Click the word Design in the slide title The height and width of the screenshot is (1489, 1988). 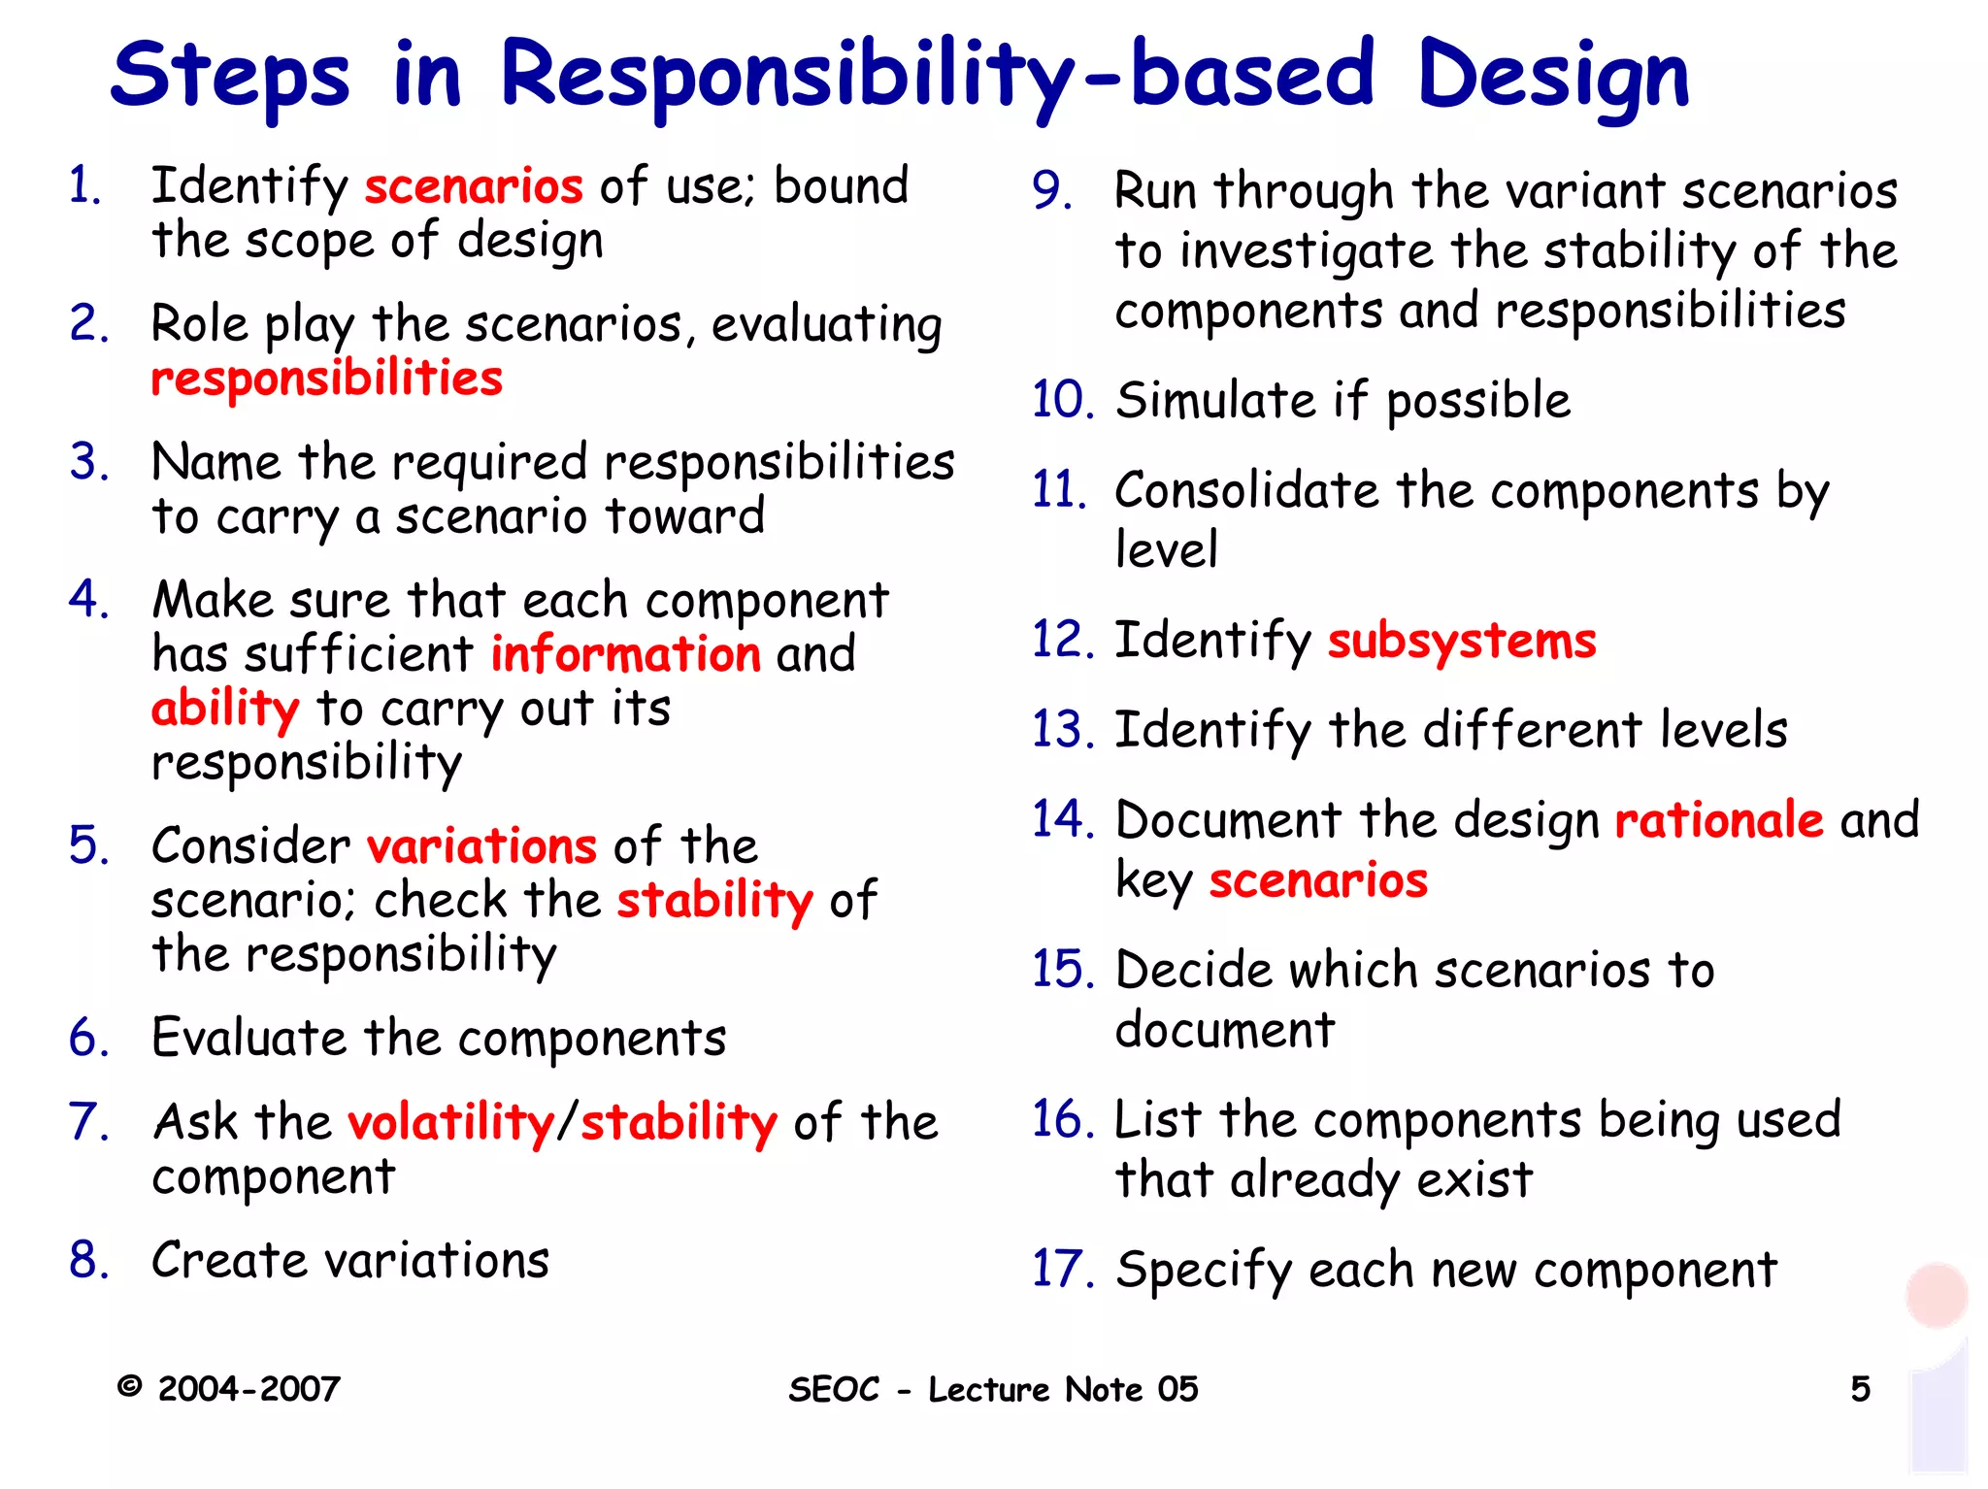[1553, 76]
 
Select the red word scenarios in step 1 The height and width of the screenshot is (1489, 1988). [474, 185]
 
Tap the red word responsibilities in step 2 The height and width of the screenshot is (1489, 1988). [326, 379]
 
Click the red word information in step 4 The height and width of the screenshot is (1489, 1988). [625, 654]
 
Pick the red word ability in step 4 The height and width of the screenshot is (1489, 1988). [225, 709]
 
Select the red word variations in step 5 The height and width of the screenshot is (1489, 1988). [481, 846]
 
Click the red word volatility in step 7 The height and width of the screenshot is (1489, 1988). [450, 1123]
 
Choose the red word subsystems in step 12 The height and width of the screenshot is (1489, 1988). [1461, 642]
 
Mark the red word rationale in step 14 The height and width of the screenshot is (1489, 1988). [1719, 820]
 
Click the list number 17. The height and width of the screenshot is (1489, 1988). [1061, 1270]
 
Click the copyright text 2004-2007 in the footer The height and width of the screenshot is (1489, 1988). [248, 1389]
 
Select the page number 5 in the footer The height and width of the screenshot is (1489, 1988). [1860, 1389]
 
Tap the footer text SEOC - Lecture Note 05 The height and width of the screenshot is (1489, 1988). [993, 1389]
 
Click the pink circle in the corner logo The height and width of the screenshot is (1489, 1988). [1936, 1295]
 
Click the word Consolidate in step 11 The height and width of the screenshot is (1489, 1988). [1246, 491]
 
